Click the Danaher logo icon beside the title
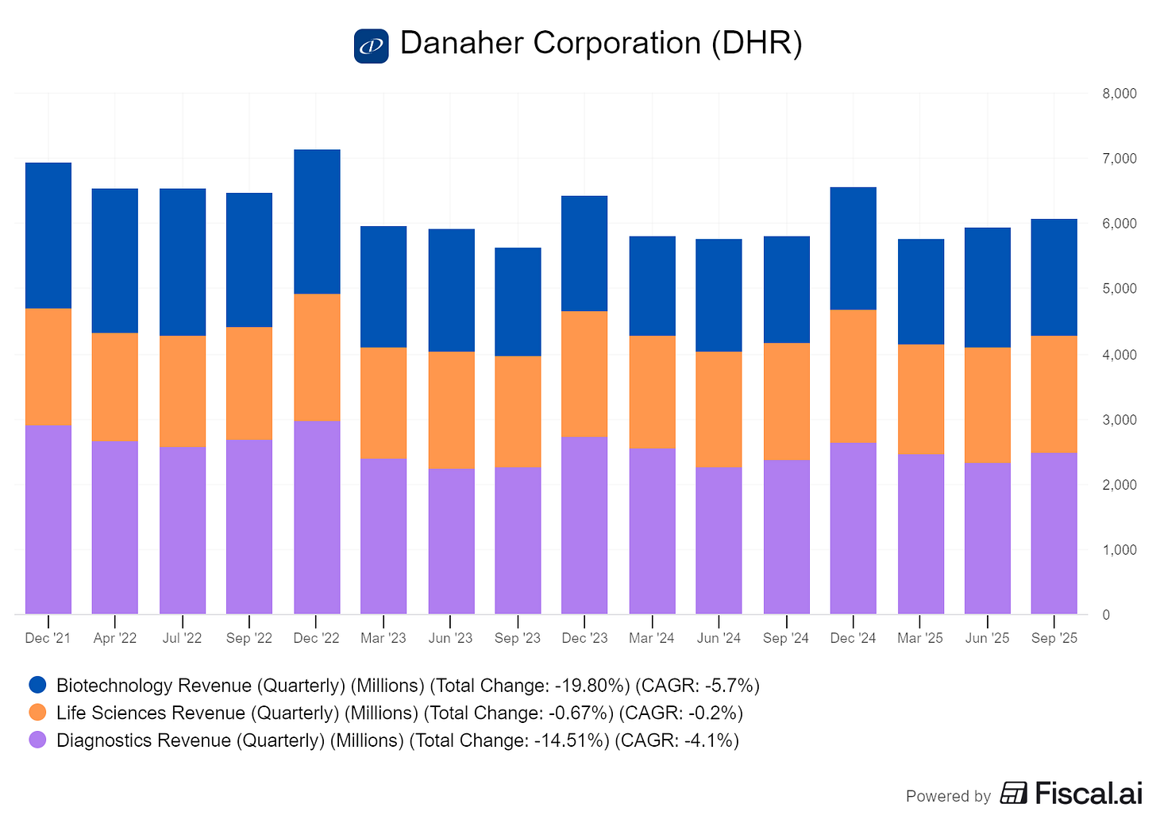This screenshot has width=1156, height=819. click(371, 46)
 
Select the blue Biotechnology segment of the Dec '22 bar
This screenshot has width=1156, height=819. click(317, 221)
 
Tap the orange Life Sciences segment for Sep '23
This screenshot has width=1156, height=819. click(518, 412)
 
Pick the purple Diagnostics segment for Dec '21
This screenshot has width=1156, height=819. click(48, 520)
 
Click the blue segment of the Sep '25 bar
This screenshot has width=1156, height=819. click(1054, 278)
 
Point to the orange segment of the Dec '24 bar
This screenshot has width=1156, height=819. click(853, 376)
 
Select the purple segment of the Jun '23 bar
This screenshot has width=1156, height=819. click(451, 541)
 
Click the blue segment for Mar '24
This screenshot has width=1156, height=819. click(653, 286)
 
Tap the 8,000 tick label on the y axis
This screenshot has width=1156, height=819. click(1119, 94)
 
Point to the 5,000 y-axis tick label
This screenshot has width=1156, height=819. click(1119, 288)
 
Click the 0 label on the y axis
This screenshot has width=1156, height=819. click(1106, 615)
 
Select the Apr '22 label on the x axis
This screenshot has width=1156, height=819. click(114, 638)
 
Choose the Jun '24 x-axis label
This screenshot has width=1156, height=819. click(719, 638)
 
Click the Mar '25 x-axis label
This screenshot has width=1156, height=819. click(919, 638)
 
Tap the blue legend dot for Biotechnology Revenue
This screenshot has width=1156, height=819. click(37, 685)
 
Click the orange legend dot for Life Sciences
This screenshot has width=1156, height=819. click(37, 712)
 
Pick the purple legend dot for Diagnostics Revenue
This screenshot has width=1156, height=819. click(37, 740)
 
